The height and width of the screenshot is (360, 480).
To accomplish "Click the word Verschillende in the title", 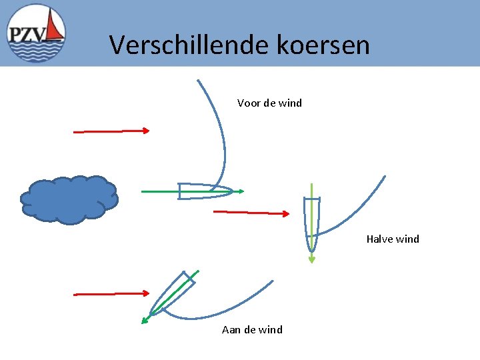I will [x=185, y=45].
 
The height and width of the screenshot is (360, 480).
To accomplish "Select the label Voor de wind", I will [x=269, y=103].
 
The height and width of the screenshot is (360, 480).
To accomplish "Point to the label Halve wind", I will [x=393, y=239].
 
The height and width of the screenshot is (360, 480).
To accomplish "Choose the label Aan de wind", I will [x=252, y=329].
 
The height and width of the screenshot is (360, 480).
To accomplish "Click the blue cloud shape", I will [x=69, y=199].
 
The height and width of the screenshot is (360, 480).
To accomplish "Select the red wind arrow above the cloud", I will [x=111, y=131].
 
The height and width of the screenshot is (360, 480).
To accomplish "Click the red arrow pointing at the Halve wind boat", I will [x=251, y=213].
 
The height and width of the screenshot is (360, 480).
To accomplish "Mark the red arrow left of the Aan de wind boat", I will [x=111, y=293].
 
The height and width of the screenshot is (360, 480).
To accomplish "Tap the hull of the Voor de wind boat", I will [x=200, y=191].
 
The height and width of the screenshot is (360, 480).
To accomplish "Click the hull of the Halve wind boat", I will [x=311, y=220].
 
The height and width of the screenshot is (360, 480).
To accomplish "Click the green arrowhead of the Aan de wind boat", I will [x=145, y=321].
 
